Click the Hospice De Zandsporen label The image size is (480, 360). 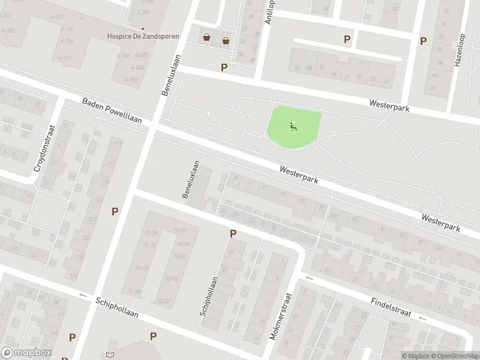tap(143, 37)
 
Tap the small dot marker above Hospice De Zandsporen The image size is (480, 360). tap(143, 28)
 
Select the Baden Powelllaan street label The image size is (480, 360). tap(112, 111)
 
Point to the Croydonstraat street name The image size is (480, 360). tap(45, 148)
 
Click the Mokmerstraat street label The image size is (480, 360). tap(280, 316)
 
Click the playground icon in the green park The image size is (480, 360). tap(293, 126)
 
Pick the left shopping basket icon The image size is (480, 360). tap(207, 38)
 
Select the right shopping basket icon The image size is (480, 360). tap(226, 40)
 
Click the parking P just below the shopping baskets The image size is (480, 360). tap(224, 67)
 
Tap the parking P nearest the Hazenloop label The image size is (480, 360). tap(423, 41)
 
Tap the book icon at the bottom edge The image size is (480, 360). tap(110, 356)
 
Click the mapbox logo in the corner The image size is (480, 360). tap(26, 353)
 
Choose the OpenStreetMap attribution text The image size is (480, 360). tap(454, 356)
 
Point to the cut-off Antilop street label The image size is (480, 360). tap(269, 11)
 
